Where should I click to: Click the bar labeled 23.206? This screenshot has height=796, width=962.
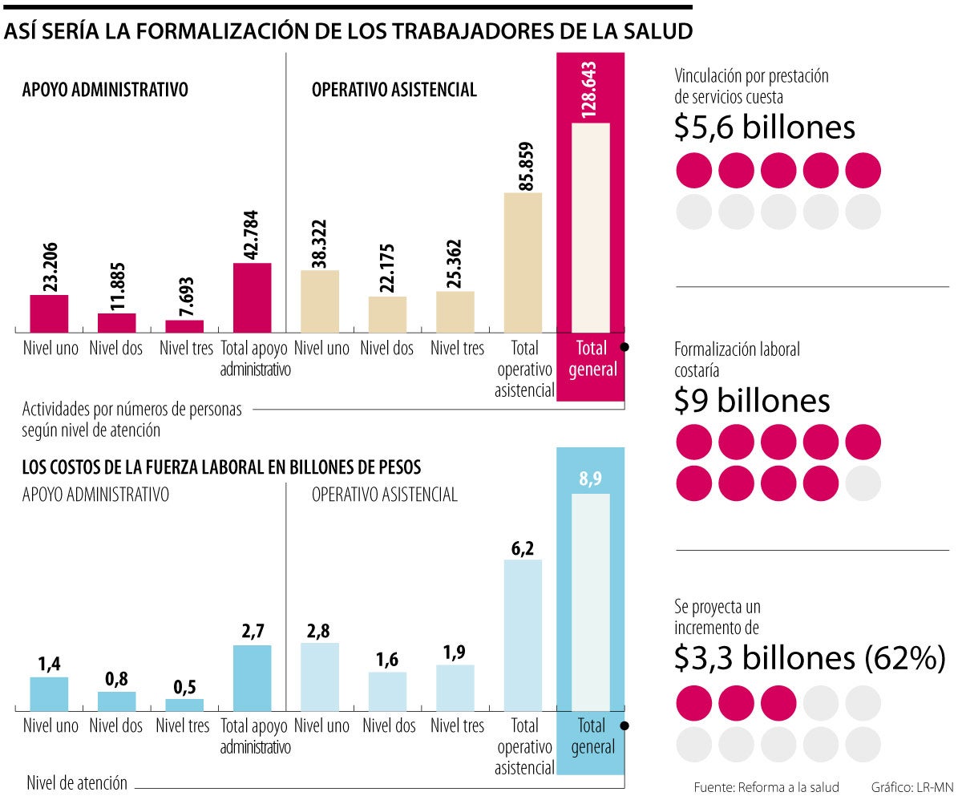click(x=49, y=313)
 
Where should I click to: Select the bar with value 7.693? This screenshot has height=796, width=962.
click(x=184, y=325)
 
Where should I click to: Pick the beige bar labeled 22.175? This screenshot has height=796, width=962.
click(x=387, y=314)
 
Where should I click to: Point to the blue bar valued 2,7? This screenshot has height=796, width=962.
click(x=252, y=677)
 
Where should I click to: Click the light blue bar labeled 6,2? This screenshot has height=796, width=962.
click(x=523, y=634)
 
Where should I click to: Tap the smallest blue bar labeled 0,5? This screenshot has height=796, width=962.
click(x=184, y=705)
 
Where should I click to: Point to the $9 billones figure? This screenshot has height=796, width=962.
click(x=752, y=401)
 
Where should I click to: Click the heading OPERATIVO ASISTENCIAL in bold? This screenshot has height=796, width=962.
click(x=394, y=91)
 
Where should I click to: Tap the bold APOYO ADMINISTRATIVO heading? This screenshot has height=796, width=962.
click(x=105, y=91)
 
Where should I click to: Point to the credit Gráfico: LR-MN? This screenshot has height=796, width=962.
click(x=910, y=786)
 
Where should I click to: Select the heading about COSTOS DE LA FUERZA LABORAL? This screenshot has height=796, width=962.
click(x=221, y=467)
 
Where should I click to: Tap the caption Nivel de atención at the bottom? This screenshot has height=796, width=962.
click(x=77, y=782)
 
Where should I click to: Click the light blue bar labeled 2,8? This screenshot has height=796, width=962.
click(x=320, y=676)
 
